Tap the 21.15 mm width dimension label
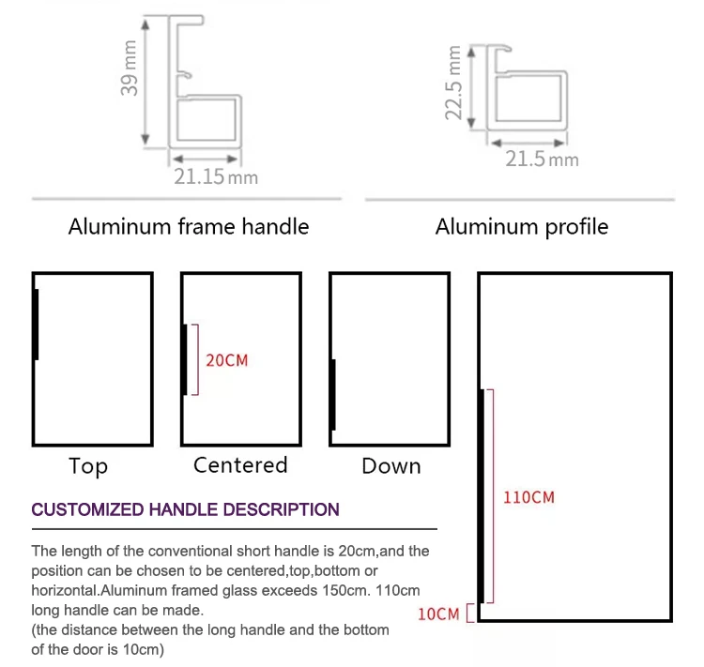click(215, 175)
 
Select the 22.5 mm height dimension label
click(456, 84)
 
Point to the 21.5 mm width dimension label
click(542, 159)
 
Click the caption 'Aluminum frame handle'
click(189, 226)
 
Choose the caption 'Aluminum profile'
click(522, 226)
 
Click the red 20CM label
click(227, 360)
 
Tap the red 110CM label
click(528, 497)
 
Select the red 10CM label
click(438, 614)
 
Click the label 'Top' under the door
click(88, 466)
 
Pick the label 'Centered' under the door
click(240, 465)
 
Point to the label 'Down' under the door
click(390, 466)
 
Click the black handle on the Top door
click(36, 325)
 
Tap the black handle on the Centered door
click(185, 359)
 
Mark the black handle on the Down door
click(332, 395)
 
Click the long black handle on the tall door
click(482, 495)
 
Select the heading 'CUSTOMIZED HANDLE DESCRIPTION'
click(186, 510)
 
